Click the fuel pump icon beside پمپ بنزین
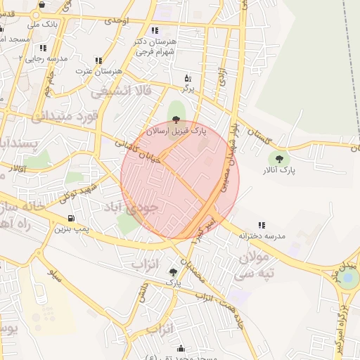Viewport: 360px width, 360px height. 70,219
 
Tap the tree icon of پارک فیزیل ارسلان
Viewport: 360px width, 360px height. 176,120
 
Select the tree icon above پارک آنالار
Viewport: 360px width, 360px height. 280,159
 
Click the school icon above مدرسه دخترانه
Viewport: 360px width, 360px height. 262,226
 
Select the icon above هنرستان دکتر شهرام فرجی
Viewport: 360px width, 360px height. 155,30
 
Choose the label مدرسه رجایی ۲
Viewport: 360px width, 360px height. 44,58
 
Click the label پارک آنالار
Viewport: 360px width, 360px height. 279,170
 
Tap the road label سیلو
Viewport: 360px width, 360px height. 55,272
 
